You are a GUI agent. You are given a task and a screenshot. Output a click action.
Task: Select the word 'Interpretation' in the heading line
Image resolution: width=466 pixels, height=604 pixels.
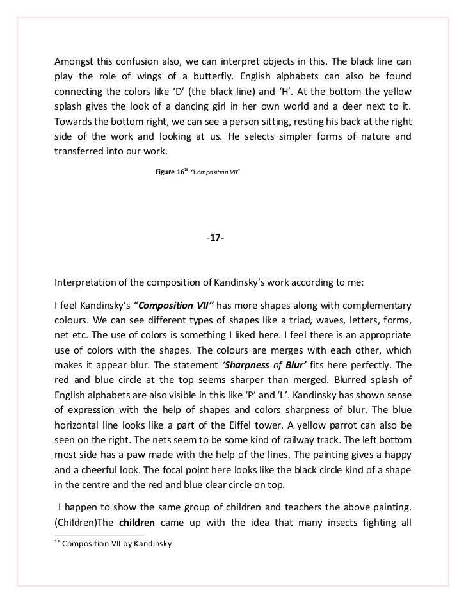pyautogui.click(x=86, y=283)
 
